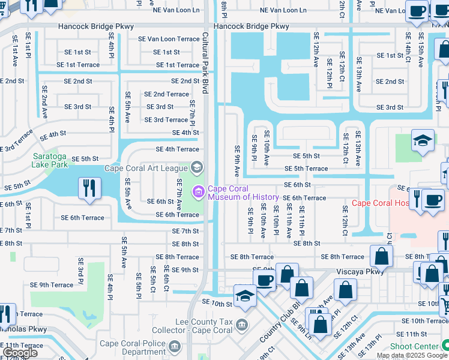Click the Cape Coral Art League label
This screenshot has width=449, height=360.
point(146,167)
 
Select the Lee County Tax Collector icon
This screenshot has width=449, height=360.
point(241,325)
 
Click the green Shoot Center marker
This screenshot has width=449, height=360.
point(444,346)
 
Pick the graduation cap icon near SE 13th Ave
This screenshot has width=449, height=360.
point(423,141)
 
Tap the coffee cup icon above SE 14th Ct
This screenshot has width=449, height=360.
point(417,11)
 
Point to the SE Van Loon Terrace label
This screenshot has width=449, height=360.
point(169,39)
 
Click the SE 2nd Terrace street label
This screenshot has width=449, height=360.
point(166,94)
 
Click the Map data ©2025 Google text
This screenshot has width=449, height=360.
point(412,355)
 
